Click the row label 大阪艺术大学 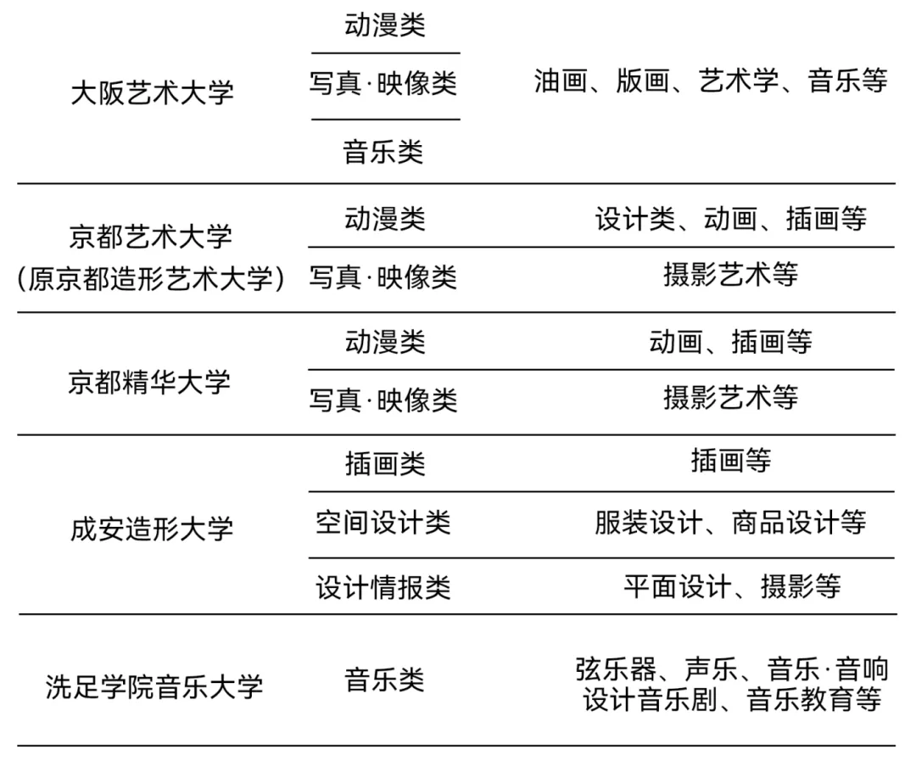(152, 92)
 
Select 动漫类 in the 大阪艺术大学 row (384, 25)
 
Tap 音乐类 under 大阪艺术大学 (383, 152)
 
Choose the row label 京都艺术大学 (151, 237)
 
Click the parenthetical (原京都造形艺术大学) (151, 277)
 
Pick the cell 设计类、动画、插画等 (730, 219)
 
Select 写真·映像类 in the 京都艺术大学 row (383, 277)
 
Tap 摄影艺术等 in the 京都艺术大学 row (730, 275)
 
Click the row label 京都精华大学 (149, 382)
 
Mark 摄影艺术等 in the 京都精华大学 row (730, 397)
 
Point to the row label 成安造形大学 (152, 529)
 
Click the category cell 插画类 (384, 463)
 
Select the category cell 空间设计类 (383, 523)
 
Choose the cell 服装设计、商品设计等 (730, 523)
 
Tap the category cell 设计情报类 (383, 587)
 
